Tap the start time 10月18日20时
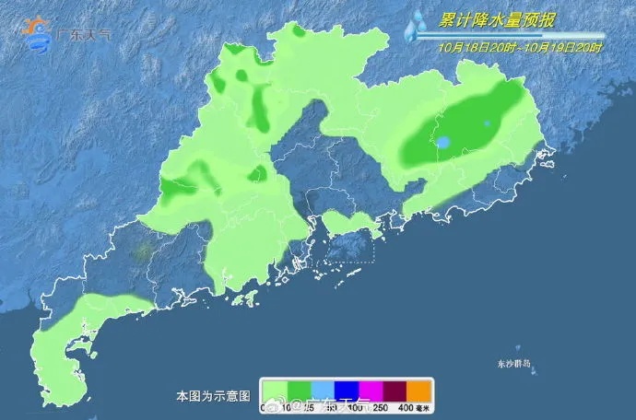(475, 46)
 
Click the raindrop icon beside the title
(414, 25)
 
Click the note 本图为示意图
(213, 396)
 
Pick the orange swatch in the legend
(419, 391)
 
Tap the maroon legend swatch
(395, 391)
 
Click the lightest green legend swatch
(273, 391)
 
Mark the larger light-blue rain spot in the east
(443, 143)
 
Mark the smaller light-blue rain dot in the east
(487, 122)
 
